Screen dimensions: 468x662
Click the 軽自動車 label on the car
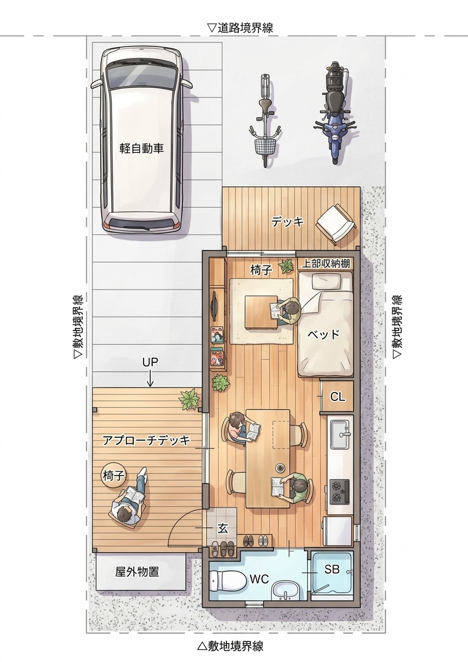coord(141,148)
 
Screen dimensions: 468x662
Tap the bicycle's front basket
coord(265,145)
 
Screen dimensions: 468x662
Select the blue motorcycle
coord(335,113)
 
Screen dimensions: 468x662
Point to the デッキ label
coord(288,222)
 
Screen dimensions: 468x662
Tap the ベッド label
coord(323,335)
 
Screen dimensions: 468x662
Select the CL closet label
coord(337,397)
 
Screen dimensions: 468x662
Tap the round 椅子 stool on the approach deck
coord(113,476)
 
